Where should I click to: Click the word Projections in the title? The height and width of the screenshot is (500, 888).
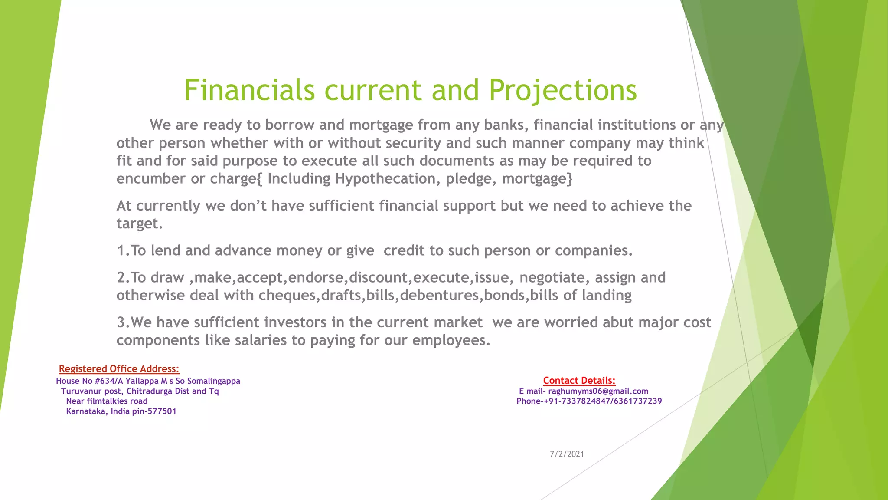(562, 90)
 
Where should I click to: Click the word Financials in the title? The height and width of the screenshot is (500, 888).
(249, 90)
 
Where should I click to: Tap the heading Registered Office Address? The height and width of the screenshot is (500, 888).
(119, 369)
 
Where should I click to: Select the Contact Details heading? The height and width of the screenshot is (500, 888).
(579, 381)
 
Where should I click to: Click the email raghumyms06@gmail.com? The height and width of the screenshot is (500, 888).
(598, 391)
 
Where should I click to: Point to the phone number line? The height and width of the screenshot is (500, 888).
(589, 401)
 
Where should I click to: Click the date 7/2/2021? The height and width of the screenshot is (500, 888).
(567, 454)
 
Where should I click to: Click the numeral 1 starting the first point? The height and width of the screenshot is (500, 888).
(121, 250)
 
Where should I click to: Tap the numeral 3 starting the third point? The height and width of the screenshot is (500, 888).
(121, 322)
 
